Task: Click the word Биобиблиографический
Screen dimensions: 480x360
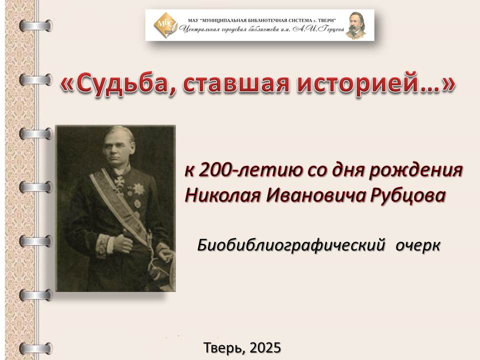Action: pos(291,245)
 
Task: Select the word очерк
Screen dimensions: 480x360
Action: pos(418,245)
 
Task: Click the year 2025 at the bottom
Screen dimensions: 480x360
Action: pos(265,347)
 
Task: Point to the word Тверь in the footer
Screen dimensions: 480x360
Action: pos(224,348)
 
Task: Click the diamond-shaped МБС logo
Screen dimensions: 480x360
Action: pos(165,24)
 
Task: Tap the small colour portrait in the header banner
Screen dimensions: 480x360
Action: pos(355,25)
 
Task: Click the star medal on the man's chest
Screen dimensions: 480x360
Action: pos(138,189)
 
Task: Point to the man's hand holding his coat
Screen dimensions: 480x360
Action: pos(122,243)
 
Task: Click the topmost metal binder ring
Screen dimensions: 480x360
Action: pos(36,25)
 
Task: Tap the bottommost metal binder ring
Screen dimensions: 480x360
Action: pos(36,348)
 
